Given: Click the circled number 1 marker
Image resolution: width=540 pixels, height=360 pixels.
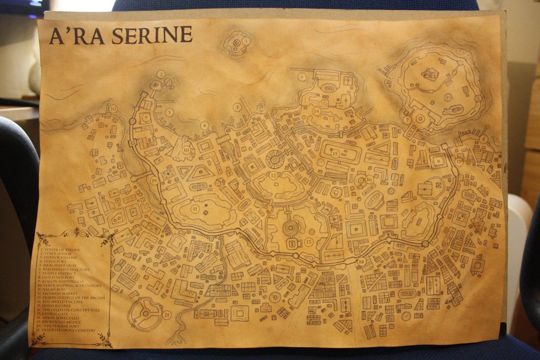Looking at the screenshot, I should (246, 41).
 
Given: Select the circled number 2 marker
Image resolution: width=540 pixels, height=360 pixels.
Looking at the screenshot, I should (161, 74).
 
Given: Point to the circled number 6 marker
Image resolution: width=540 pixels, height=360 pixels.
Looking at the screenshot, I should (301, 77).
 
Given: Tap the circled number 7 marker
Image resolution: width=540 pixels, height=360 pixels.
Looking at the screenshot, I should (407, 120).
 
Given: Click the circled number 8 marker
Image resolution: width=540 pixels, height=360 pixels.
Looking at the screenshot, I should (483, 139).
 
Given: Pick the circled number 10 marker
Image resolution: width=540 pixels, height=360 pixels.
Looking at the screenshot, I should (186, 150).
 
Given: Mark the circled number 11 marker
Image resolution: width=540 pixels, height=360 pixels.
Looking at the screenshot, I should (195, 209).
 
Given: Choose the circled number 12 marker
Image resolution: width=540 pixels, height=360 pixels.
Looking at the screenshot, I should (274, 175).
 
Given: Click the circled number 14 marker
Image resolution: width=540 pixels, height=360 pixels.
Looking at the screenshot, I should (317, 111).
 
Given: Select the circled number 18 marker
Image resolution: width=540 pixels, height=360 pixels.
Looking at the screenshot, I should (361, 261).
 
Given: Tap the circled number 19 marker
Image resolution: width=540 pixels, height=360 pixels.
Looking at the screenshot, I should (154, 180).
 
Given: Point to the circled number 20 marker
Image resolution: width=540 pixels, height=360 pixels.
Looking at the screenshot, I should (113, 109).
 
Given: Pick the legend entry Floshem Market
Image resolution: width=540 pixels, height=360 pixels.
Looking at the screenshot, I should (61, 294).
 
